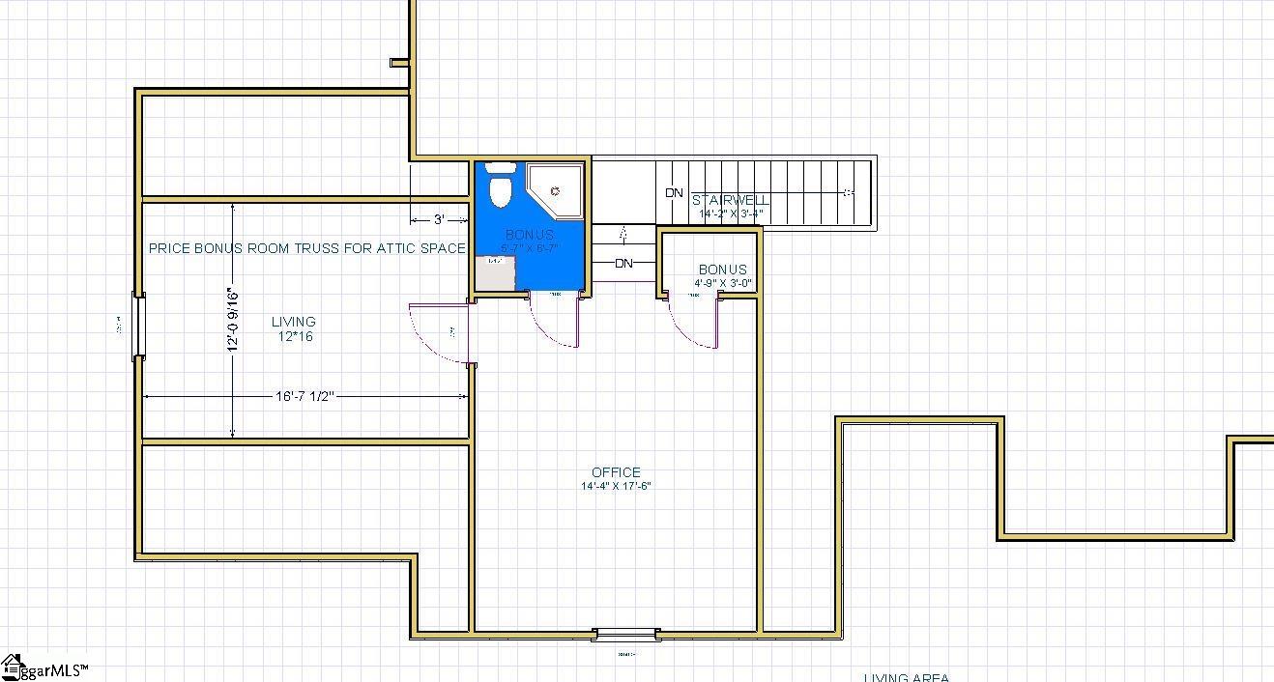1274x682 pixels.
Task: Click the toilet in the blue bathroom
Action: pyautogui.click(x=500, y=187)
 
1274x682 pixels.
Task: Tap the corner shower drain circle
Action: pyautogui.click(x=555, y=192)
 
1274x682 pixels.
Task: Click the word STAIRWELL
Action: pyautogui.click(x=731, y=200)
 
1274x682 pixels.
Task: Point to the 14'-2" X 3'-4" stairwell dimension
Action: pyautogui.click(x=732, y=213)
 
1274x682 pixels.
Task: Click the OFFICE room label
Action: pyautogui.click(x=616, y=472)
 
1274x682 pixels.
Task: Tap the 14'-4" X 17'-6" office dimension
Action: pyautogui.click(x=616, y=486)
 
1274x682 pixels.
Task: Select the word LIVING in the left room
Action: pyautogui.click(x=293, y=322)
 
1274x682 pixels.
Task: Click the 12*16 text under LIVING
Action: pyautogui.click(x=293, y=337)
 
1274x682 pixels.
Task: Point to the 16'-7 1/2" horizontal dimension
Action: pyautogui.click(x=304, y=396)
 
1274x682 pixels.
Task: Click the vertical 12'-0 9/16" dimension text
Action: pyautogui.click(x=233, y=320)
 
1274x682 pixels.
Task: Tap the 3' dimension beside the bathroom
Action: pyautogui.click(x=439, y=219)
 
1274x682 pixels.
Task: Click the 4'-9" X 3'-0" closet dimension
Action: pyautogui.click(x=722, y=284)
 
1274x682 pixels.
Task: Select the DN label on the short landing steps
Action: pyautogui.click(x=623, y=263)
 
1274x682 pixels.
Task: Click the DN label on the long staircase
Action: pyautogui.click(x=674, y=193)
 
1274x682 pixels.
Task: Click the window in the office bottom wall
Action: pyautogui.click(x=626, y=635)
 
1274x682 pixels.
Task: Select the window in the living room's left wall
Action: pyautogui.click(x=138, y=327)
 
